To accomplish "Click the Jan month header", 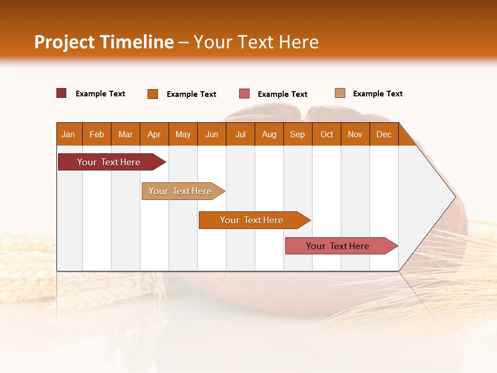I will [x=69, y=134].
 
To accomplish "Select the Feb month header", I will [x=97, y=134].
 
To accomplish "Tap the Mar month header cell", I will [x=125, y=134].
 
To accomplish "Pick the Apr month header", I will [x=154, y=134].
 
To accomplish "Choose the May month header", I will [x=183, y=134].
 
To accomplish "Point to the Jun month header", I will [x=212, y=134].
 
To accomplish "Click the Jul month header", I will [x=240, y=134].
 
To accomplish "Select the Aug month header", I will [x=269, y=134].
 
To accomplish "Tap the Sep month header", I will [x=298, y=134].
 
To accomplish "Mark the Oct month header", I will [x=327, y=134].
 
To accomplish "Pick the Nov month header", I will [x=355, y=134].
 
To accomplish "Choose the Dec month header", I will [x=384, y=134].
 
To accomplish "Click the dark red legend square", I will [x=62, y=93].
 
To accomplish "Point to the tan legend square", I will [x=340, y=93].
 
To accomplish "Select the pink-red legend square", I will [x=244, y=93].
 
